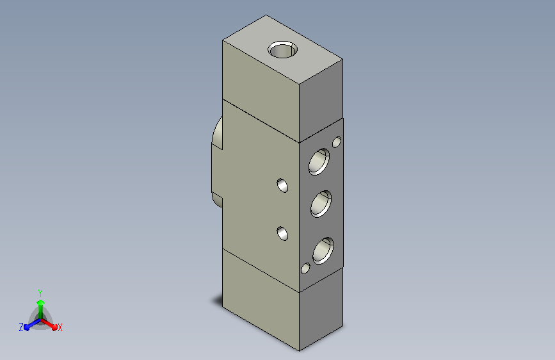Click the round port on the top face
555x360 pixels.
[282, 49]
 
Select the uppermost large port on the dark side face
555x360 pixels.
[319, 161]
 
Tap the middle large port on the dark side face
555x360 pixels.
[321, 204]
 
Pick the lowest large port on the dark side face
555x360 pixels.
[323, 250]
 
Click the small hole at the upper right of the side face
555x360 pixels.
[337, 142]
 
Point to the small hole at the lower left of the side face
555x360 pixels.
[305, 268]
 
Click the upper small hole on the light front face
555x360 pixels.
[282, 185]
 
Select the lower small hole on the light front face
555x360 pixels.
[282, 234]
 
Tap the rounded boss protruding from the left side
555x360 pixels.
[217, 162]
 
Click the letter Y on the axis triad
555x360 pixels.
[40, 293]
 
